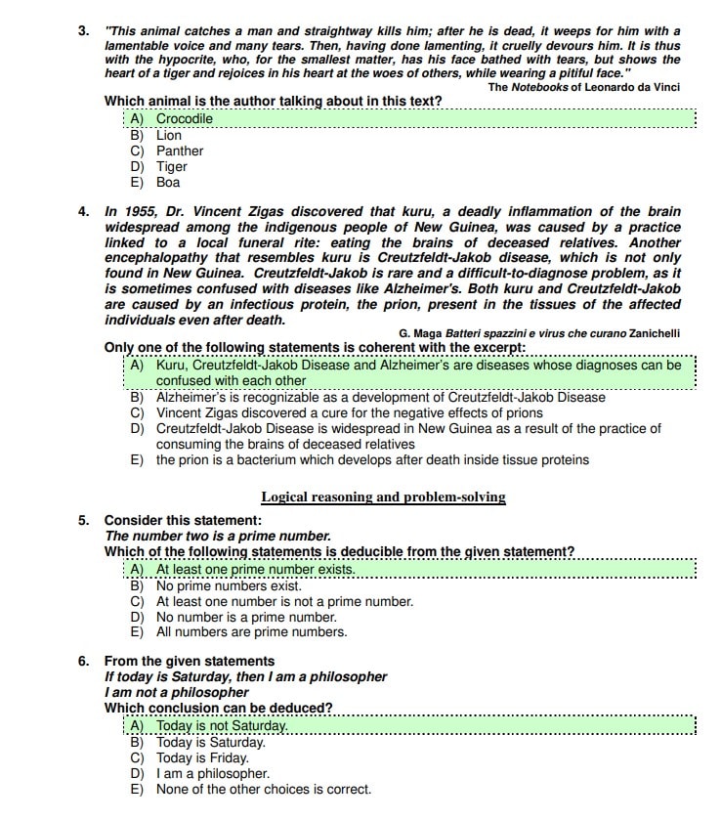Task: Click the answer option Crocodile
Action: tap(184, 119)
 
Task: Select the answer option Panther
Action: tap(180, 151)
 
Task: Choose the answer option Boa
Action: tap(168, 182)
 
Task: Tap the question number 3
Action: tap(84, 31)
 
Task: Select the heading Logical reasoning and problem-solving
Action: tap(383, 497)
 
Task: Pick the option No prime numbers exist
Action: tap(229, 585)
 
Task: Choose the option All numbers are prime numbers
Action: tap(251, 631)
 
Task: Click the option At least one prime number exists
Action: tap(255, 569)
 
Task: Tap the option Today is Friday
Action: tap(202, 757)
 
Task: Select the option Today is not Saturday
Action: tap(222, 726)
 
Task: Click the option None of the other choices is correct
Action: tap(264, 789)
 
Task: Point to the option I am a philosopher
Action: tap(213, 773)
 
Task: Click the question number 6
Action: tap(84, 661)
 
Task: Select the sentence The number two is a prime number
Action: tap(218, 536)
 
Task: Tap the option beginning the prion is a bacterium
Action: tap(372, 459)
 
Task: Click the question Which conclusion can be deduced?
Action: tap(218, 708)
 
